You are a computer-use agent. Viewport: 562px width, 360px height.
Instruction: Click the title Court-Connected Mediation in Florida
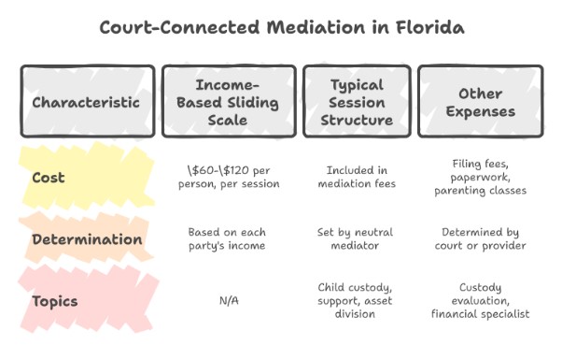coord(281,28)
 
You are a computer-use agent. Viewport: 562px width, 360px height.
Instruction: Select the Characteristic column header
coord(87,101)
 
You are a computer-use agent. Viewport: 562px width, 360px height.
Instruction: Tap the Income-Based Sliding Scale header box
coord(228,101)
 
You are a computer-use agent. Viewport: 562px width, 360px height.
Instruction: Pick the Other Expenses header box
coord(480,101)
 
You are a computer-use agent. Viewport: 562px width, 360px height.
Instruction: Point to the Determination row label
coord(87,239)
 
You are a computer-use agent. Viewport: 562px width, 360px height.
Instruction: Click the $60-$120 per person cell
coord(228,178)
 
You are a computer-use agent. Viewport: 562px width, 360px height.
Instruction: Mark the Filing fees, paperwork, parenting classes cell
coord(480,178)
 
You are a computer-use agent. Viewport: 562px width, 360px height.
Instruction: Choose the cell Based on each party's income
coord(228,240)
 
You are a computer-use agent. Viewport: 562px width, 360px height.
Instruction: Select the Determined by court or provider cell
coord(480,240)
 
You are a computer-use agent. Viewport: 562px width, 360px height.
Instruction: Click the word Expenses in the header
coord(480,111)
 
